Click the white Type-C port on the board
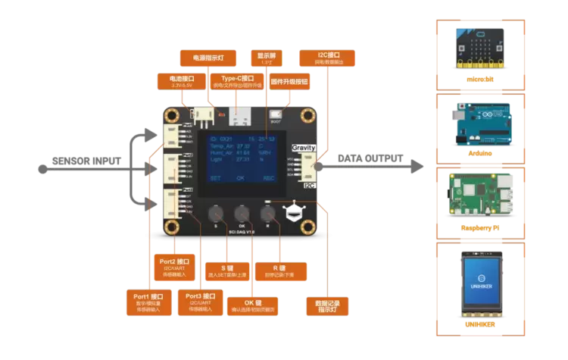(242, 117)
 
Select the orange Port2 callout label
(173, 265)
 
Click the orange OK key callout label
(255, 306)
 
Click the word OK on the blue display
(240, 178)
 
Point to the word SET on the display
(216, 178)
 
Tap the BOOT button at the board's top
(275, 114)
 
